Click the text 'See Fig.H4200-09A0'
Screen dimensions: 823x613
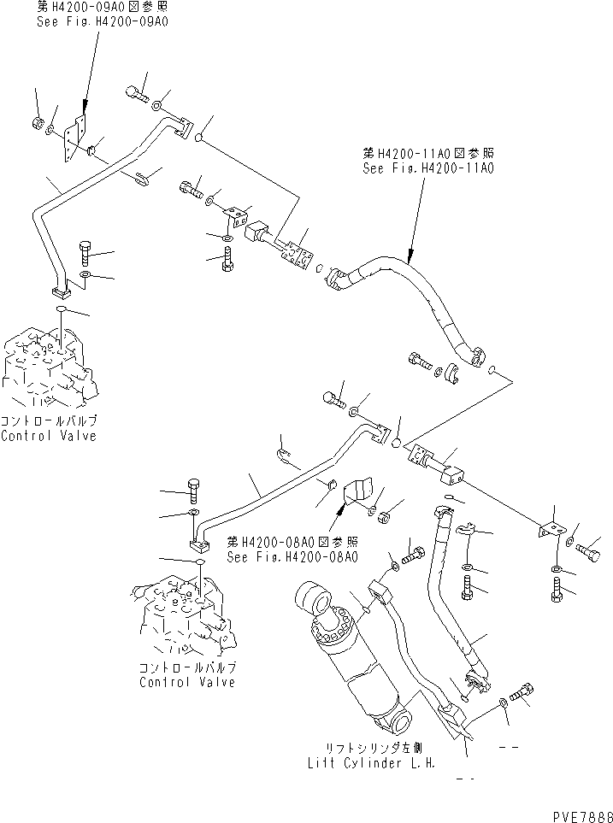pos(102,20)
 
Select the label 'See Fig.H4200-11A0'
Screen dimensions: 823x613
pos(428,168)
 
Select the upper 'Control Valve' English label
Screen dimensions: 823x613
pos(49,436)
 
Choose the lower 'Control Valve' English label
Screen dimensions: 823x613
pos(187,682)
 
